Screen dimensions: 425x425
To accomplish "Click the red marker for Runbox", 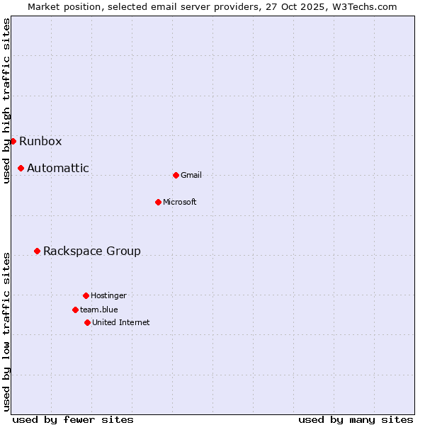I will pyautogui.click(x=13, y=141).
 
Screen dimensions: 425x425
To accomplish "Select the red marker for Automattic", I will pyautogui.click(x=21, y=168).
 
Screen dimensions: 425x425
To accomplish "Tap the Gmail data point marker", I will pyautogui.click(x=176, y=175).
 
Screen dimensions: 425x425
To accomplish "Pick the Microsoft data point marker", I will pyautogui.click(x=158, y=202).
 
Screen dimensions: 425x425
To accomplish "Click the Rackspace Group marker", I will pyautogui.click(x=37, y=251).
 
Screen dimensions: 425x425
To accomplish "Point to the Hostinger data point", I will pyautogui.click(x=86, y=295).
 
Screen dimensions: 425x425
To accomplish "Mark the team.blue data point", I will pyautogui.click(x=75, y=310).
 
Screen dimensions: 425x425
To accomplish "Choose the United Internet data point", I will pyautogui.click(x=87, y=322).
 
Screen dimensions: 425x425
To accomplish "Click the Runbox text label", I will pyautogui.click(x=40, y=141).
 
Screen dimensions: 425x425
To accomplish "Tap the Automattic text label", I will pyautogui.click(x=58, y=168).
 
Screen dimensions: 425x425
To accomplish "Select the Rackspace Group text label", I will pyautogui.click(x=92, y=251).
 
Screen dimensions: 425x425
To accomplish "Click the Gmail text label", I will pyautogui.click(x=191, y=175).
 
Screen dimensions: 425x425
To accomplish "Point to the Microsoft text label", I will pyautogui.click(x=180, y=202).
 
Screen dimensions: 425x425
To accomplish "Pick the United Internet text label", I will pyautogui.click(x=121, y=322).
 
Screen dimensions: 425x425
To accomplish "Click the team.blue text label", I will pyautogui.click(x=99, y=310).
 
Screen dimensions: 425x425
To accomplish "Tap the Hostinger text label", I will pyautogui.click(x=109, y=295).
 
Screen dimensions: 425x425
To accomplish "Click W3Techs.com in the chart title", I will pyautogui.click(x=363, y=6).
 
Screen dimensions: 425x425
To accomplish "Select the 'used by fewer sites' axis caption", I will pyautogui.click(x=73, y=419).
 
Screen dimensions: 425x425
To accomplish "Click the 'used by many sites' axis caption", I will pyautogui.click(x=356, y=419).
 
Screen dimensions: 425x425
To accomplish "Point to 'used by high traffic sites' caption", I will pyautogui.click(x=6, y=101).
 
